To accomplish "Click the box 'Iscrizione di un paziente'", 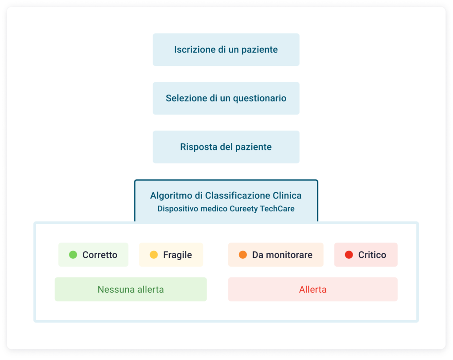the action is tap(226, 50).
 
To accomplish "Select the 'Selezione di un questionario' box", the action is tap(226, 98).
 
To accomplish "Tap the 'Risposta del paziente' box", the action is tap(226, 147).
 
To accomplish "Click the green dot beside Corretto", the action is tap(73, 255).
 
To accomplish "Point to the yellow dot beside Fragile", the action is tap(154, 255).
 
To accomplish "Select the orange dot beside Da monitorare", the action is tap(243, 255).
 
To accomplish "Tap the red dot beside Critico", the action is tap(349, 255).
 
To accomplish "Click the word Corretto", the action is tap(100, 255).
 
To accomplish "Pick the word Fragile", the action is tap(177, 255).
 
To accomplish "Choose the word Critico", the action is tap(372, 255).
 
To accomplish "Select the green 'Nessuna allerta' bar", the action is tap(131, 289).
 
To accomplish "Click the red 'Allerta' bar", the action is tap(313, 289).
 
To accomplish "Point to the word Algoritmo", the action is tap(171, 195).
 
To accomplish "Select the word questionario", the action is tap(260, 99).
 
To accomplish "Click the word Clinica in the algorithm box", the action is tap(287, 195).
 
